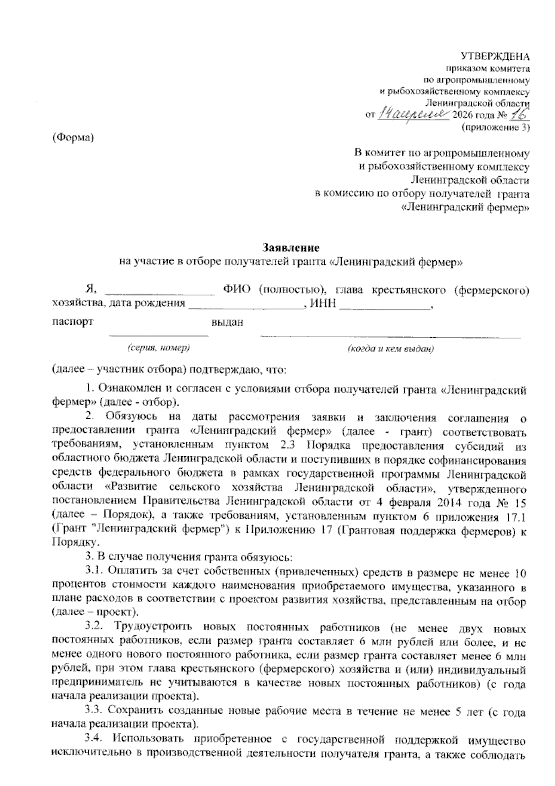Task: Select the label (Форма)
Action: (x=73, y=138)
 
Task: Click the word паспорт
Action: (x=73, y=321)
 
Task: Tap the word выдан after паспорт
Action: (x=227, y=322)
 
